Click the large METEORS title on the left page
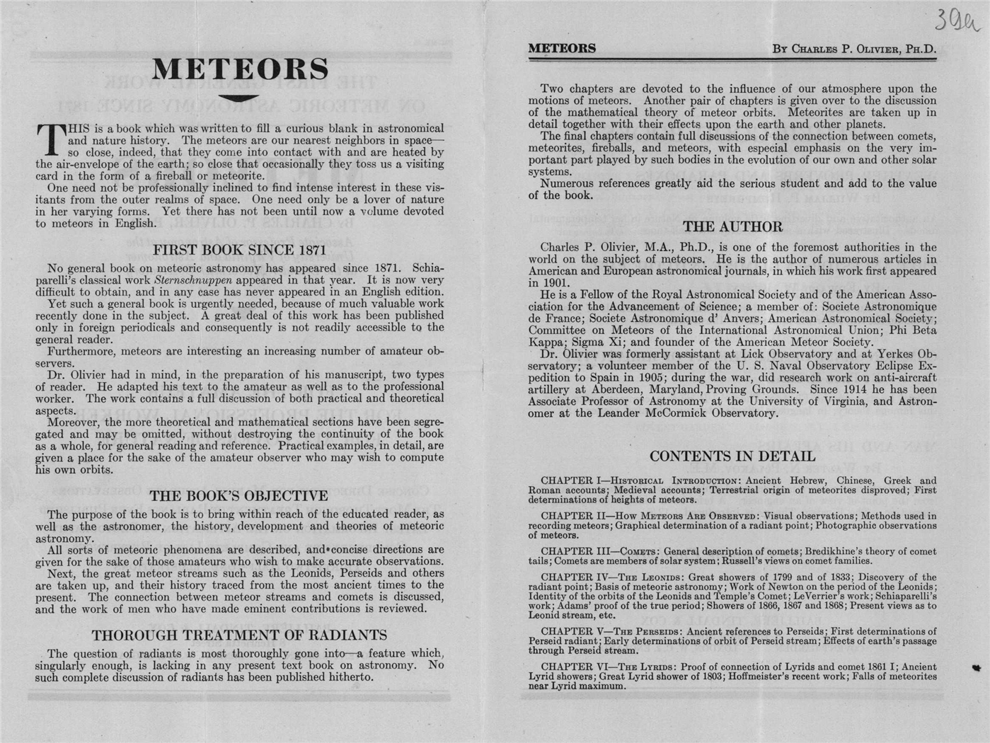pos(240,69)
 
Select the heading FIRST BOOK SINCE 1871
pos(239,250)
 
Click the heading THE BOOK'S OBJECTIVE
pos(238,496)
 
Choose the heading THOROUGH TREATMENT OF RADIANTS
pos(239,635)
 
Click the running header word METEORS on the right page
pos(562,49)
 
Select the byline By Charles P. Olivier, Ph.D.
pos(854,50)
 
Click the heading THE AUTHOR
pos(732,227)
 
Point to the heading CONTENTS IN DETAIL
pos(732,456)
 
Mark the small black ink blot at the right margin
pos(977,667)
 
